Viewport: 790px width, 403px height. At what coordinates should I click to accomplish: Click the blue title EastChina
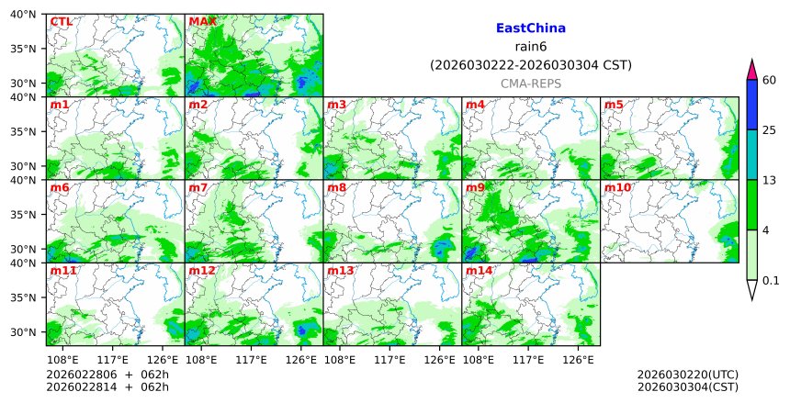(530, 28)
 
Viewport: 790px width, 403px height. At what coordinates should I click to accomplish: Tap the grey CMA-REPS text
(530, 84)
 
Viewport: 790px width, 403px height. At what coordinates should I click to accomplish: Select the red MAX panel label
(202, 21)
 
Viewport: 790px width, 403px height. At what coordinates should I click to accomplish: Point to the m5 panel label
(614, 105)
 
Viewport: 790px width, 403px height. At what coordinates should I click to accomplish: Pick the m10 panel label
(617, 187)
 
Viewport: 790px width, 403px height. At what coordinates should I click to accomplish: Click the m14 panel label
(479, 271)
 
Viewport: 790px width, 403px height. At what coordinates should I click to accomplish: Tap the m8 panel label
(336, 187)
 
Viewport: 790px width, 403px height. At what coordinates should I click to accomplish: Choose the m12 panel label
(202, 271)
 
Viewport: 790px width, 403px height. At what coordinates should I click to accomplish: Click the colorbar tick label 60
(770, 80)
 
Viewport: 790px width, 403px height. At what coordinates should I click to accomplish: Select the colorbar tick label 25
(770, 130)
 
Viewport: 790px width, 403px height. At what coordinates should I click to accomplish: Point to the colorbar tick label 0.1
(771, 281)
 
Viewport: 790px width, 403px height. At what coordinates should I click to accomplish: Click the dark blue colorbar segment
(752, 105)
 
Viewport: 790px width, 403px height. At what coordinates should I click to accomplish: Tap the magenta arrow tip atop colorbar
(752, 69)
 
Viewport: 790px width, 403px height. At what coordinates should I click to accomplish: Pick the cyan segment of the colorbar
(752, 154)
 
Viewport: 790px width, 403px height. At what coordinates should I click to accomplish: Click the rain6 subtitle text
(530, 47)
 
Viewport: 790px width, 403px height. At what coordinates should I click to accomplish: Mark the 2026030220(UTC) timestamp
(687, 375)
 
